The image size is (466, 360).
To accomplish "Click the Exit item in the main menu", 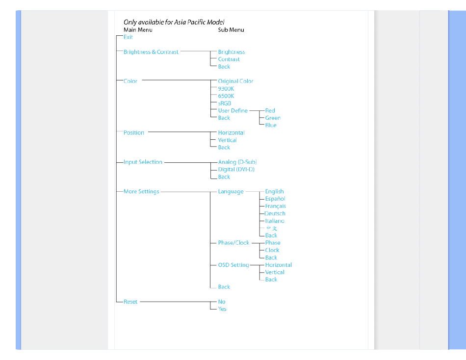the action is (128, 37).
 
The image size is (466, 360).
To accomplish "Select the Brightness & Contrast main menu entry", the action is (151, 51).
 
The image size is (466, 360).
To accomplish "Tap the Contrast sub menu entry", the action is (229, 59).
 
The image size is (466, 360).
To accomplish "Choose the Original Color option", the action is (235, 81).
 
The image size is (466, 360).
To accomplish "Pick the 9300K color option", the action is (226, 89).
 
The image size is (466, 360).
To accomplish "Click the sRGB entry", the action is (225, 103).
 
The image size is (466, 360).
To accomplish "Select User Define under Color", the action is (233, 110).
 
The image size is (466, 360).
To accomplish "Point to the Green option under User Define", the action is (273, 118).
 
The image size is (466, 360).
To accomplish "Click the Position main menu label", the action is (134, 132).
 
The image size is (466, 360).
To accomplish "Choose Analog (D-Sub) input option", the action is (237, 162).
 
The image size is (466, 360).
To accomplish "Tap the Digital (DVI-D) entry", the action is (236, 169).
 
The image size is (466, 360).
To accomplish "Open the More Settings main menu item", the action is (141, 191).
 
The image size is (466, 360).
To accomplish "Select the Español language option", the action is (275, 199).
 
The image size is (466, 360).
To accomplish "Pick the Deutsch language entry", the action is (275, 213).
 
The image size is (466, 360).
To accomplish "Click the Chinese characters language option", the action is (272, 228).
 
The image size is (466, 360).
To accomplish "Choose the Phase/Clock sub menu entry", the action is (233, 243).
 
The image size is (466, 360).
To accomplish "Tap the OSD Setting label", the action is (233, 265).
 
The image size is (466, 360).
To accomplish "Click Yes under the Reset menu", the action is (222, 309).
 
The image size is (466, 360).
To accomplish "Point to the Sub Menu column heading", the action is (231, 30).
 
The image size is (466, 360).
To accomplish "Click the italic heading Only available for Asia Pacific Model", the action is (174, 22).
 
